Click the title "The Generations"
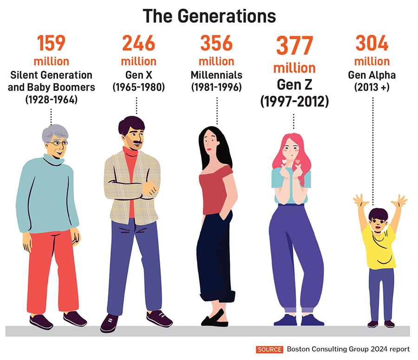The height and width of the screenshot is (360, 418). point(209,16)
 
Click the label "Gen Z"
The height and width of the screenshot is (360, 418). point(294,85)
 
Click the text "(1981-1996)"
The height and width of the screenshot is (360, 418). point(216,87)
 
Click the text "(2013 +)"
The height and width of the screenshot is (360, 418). point(372,87)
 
